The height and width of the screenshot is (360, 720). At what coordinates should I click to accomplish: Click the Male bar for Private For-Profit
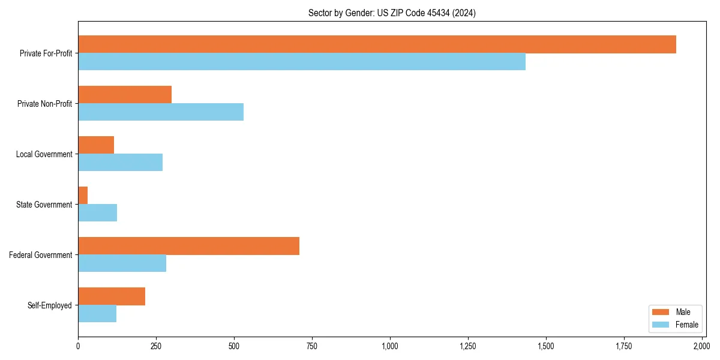[x=377, y=44]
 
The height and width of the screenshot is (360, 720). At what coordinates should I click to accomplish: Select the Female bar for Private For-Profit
[x=302, y=62]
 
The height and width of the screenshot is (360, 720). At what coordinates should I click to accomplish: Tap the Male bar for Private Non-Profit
[x=125, y=95]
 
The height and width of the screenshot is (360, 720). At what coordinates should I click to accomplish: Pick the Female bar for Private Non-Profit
[x=161, y=112]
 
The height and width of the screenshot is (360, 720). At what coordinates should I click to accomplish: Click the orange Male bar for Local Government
[x=96, y=145]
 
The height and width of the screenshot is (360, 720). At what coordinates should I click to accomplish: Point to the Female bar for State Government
[x=97, y=213]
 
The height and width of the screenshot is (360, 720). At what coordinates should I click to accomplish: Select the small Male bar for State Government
[x=83, y=196]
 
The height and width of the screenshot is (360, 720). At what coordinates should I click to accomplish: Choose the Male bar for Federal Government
[x=188, y=246]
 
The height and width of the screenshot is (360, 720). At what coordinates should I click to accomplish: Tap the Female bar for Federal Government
[x=122, y=263]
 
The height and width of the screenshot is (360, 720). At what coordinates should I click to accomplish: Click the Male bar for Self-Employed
[x=112, y=296]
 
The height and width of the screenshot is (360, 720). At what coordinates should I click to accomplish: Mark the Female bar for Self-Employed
[x=97, y=314]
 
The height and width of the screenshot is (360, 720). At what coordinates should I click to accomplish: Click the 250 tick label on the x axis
[x=156, y=346]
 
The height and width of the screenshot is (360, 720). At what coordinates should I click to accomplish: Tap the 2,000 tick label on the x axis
[x=701, y=346]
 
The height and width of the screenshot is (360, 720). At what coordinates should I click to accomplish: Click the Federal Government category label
[x=41, y=255]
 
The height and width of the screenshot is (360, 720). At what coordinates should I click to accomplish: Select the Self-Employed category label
[x=50, y=305]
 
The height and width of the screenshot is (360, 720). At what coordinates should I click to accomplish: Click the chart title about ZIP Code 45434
[x=392, y=13]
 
